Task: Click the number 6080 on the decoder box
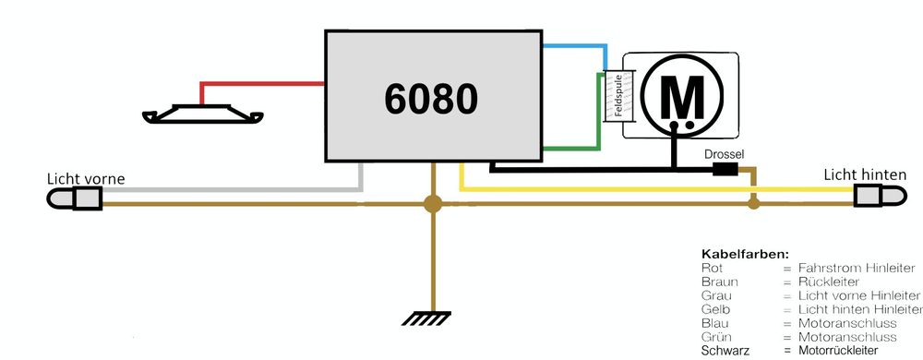[x=432, y=98]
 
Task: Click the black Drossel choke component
[x=725, y=169]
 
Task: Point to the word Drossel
[x=723, y=154]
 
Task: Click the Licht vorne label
[x=85, y=178]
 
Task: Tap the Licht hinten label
[x=863, y=174]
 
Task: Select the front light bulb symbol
[x=77, y=198]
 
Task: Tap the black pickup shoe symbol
[x=202, y=115]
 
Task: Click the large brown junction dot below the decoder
[x=431, y=204]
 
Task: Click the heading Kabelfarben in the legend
[x=745, y=253]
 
